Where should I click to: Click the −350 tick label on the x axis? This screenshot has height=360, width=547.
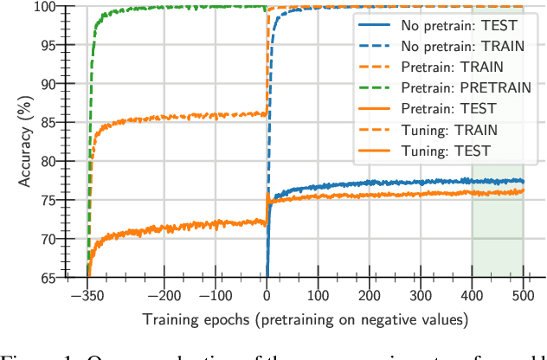click(87, 295)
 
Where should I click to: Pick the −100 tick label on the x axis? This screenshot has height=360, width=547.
click(215, 295)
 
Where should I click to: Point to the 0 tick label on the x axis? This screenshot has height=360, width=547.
click(267, 295)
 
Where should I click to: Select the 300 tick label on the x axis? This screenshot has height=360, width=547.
click(421, 295)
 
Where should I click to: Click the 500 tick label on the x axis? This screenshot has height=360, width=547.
click(523, 295)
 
